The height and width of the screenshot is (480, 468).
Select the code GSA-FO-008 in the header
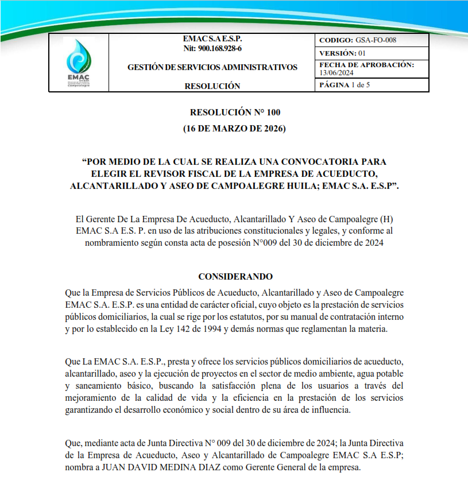376,40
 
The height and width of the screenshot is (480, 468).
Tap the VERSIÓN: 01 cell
342,53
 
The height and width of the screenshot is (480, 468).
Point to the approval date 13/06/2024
337,72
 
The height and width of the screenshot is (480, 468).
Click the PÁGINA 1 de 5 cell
345,85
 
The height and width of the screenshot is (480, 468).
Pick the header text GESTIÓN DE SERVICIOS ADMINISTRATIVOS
212,67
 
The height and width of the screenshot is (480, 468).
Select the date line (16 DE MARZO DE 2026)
234,128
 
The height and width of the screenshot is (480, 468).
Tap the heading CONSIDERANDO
235,277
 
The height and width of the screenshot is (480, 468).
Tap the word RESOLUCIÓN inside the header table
212,86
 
